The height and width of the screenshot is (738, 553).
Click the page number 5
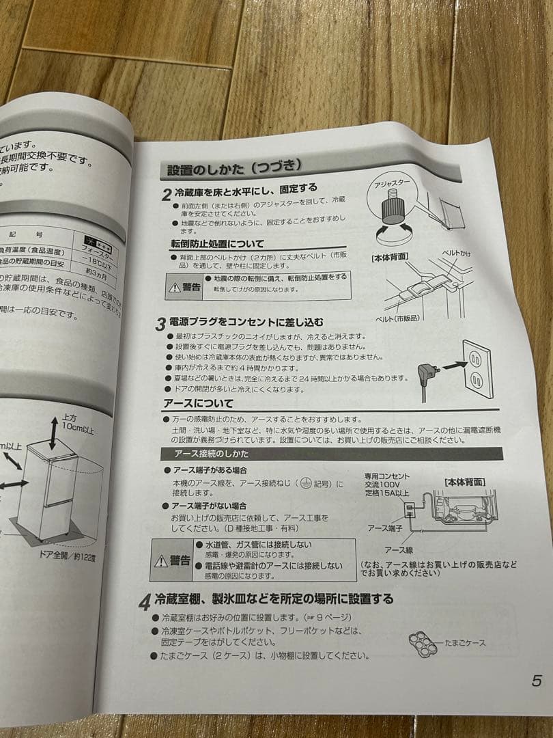click(537, 681)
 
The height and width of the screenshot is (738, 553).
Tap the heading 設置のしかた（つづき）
click(234, 167)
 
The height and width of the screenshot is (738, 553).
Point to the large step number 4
click(144, 603)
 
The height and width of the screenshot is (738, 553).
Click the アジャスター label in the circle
click(393, 184)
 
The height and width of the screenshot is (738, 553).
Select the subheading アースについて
click(199, 403)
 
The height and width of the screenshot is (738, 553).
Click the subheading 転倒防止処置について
click(216, 244)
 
